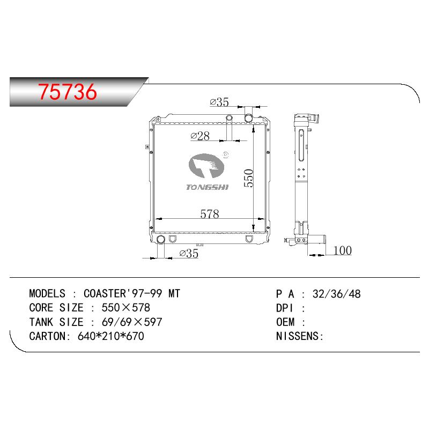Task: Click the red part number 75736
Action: pyautogui.click(x=68, y=92)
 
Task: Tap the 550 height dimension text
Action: pyautogui.click(x=249, y=178)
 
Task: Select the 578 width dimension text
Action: pyautogui.click(x=210, y=214)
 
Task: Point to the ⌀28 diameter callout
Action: pyautogui.click(x=200, y=136)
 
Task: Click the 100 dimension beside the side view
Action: pyautogui.click(x=343, y=250)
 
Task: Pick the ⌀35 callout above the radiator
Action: pyautogui.click(x=219, y=102)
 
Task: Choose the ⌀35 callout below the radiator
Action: pyautogui.click(x=189, y=253)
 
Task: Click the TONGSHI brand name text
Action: pyautogui.click(x=207, y=187)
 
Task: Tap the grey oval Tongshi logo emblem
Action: pyautogui.click(x=206, y=166)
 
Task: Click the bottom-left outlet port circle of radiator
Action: pyautogui.click(x=160, y=239)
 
